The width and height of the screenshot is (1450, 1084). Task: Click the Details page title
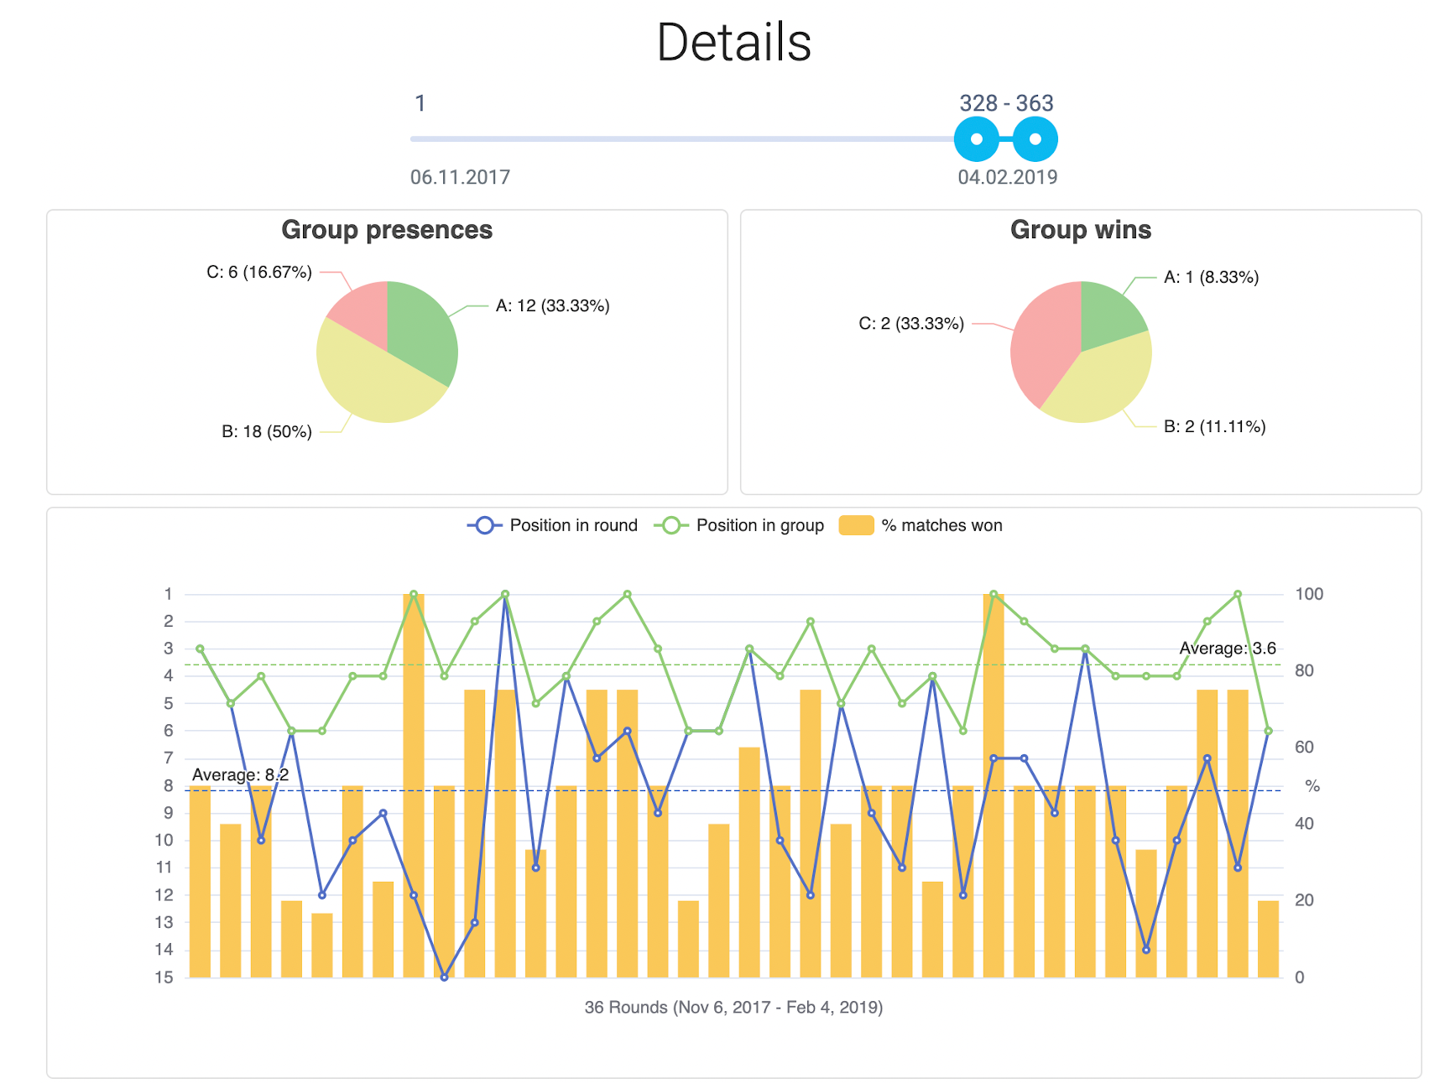coord(733,43)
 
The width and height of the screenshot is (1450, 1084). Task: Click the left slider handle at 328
coord(977,139)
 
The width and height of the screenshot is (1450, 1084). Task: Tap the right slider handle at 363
coord(1035,139)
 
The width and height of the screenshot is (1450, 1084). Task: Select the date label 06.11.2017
coord(460,177)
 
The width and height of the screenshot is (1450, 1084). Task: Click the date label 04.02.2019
coord(1007,177)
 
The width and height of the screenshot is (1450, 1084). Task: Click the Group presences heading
coord(387,230)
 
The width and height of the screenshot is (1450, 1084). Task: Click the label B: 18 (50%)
coord(267,432)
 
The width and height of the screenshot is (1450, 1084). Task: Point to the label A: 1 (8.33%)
coord(1211,278)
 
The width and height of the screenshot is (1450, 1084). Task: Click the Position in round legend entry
coord(553,525)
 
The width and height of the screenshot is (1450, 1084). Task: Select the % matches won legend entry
coord(921,525)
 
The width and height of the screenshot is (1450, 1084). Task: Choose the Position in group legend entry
coord(739,525)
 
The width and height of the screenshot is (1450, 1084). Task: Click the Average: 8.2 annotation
coord(240,774)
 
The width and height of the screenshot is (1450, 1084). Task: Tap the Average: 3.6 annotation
coord(1227,648)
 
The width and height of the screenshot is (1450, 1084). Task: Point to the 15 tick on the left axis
coord(164,977)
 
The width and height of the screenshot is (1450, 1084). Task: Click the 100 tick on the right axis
coord(1308,594)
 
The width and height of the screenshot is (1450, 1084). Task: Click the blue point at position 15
coord(444,977)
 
